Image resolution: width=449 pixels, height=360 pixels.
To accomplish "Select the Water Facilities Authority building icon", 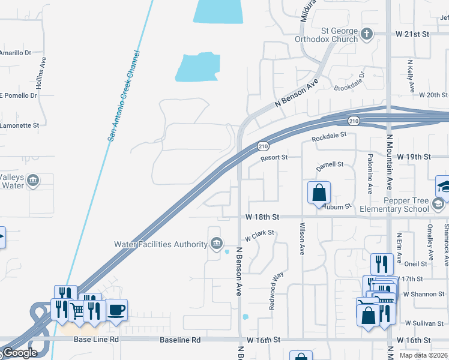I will [217, 244].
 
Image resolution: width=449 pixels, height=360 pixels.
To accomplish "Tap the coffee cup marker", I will [116, 310].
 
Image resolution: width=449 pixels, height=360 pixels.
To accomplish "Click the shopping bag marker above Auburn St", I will [319, 193].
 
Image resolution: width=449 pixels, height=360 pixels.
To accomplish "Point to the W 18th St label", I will [263, 216].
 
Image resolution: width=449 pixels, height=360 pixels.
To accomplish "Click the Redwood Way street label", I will [277, 290].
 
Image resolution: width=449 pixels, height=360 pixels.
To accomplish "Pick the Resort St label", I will [274, 158].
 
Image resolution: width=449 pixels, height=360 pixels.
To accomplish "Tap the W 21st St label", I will [412, 35].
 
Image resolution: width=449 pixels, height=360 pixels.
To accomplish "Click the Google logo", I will [20, 353].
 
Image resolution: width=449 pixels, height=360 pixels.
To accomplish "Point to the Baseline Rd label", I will [180, 340].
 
